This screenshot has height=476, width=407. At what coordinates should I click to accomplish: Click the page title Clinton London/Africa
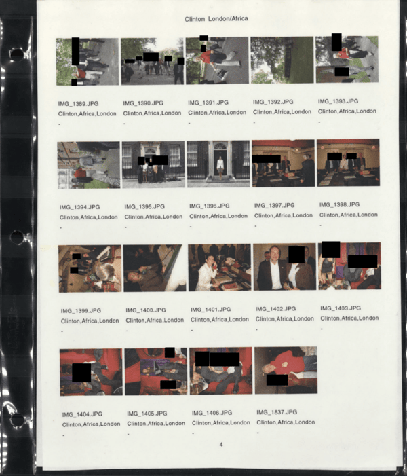pyautogui.click(x=216, y=19)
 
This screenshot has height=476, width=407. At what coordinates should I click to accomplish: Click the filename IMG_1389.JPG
pyautogui.click(x=78, y=103)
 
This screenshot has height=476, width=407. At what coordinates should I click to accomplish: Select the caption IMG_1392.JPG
pyautogui.click(x=273, y=102)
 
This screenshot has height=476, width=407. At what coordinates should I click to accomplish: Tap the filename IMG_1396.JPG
pyautogui.click(x=209, y=206)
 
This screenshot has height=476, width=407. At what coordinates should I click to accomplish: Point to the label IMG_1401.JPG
pyautogui.click(x=210, y=310)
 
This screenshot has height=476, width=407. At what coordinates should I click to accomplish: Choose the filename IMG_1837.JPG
pyautogui.click(x=277, y=412)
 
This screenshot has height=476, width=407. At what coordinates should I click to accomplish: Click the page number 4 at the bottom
pyautogui.click(x=220, y=445)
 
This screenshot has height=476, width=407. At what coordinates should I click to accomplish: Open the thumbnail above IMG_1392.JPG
pyautogui.click(x=282, y=60)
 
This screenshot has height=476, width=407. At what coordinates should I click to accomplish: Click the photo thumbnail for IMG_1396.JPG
pyautogui.click(x=218, y=164)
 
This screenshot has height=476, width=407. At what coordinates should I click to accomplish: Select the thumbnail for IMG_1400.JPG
pyautogui.click(x=155, y=268)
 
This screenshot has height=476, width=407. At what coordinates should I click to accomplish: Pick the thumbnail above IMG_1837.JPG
pyautogui.click(x=286, y=370)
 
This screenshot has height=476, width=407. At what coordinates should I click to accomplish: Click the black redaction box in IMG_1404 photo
pyautogui.click(x=81, y=373)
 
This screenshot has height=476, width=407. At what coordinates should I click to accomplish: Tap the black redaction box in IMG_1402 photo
pyautogui.click(x=296, y=255)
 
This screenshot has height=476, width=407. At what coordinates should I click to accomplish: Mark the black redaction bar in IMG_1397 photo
pyautogui.click(x=267, y=159)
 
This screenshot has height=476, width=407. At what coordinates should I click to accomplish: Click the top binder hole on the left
pyautogui.click(x=17, y=54)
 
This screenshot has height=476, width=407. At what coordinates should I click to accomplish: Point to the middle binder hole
pyautogui.click(x=17, y=238)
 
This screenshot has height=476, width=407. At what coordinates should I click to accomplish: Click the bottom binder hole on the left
pyautogui.click(x=18, y=420)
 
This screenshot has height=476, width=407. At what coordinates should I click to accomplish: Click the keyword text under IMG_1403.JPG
pyautogui.click(x=349, y=318)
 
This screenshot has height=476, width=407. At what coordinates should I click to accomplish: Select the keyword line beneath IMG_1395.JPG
pyautogui.click(x=153, y=217)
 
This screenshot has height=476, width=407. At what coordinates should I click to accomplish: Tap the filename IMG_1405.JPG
pyautogui.click(x=147, y=414)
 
